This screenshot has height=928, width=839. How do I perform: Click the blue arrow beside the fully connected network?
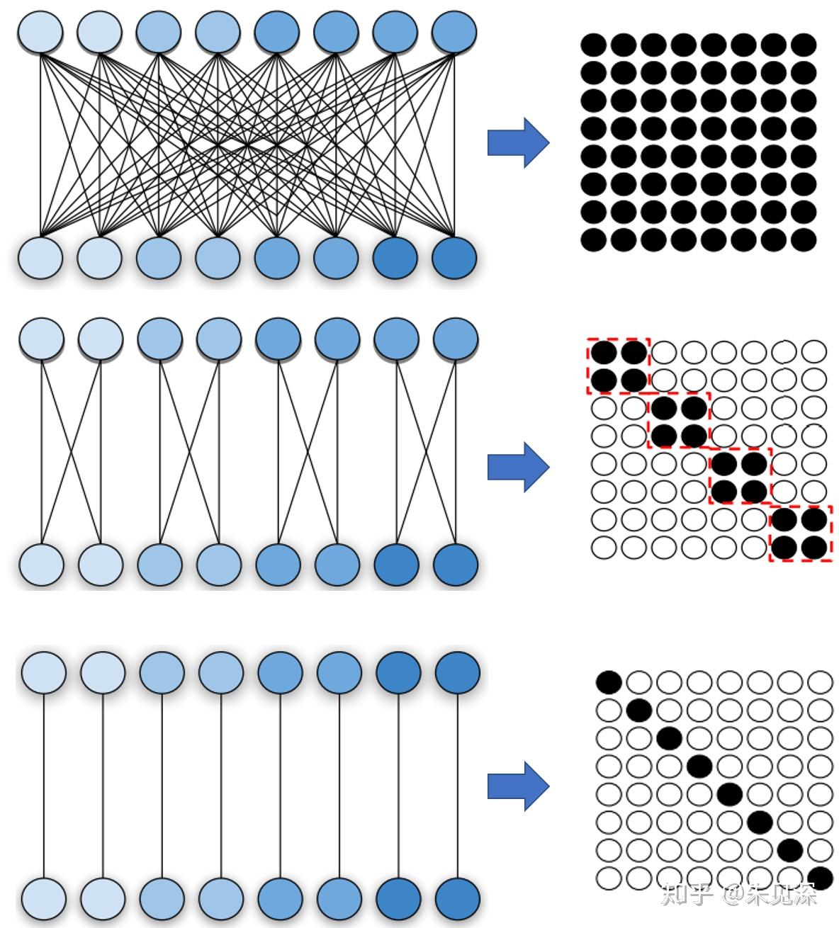pos(518,143)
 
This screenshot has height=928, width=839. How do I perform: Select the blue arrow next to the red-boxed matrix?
pos(518,467)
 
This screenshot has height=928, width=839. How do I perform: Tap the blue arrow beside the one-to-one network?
pos(518,786)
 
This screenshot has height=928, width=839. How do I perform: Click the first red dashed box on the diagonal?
pos(618,366)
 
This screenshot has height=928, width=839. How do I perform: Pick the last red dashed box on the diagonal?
pos(801,533)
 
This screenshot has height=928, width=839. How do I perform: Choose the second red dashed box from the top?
pos(679,420)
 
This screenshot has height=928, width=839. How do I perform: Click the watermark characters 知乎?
pos(687,894)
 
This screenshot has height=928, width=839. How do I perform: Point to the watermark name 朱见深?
pos(789,894)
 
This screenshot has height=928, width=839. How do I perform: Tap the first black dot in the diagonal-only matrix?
pos(609,682)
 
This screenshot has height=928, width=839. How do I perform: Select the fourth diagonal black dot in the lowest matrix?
pos(699,765)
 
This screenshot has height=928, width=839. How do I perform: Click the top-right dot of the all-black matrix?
pos(804,45)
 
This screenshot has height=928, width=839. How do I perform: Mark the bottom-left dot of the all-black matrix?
pos(594,239)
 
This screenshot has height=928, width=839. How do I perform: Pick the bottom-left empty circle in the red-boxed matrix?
pos(604,548)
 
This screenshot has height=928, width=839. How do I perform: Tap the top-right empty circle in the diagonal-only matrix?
pos(821,682)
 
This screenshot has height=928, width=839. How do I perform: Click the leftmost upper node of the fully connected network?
pos(40,31)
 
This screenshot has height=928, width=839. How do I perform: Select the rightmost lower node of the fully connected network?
pos(454,259)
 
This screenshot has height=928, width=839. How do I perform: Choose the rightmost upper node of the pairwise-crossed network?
pos(454,339)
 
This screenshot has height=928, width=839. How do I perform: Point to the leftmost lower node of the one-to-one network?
pos(44,899)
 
